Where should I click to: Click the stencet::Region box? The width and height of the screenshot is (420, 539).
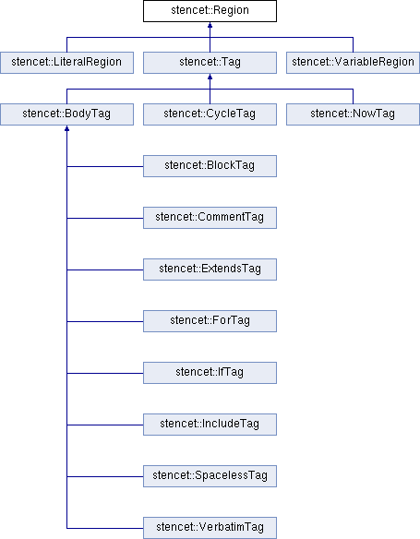210,11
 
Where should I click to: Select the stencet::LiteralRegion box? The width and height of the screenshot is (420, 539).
66,63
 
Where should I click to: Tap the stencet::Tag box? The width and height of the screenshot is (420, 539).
210,63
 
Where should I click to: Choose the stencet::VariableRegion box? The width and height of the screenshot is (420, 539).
353,63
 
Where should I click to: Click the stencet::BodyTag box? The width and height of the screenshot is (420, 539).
66,114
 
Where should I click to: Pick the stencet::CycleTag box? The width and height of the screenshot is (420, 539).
210,114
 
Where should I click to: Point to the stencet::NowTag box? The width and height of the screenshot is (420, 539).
353,114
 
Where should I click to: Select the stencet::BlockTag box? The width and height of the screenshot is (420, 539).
210,166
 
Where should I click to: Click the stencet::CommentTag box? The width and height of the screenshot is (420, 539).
210,218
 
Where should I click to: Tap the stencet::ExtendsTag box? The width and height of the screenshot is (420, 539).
210,269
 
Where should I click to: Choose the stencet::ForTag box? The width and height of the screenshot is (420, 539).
210,321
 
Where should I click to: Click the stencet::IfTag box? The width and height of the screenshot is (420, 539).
210,373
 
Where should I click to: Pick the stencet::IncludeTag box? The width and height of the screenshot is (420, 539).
210,425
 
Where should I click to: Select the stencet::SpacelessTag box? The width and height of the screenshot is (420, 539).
210,476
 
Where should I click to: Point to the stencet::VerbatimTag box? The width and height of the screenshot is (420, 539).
210,528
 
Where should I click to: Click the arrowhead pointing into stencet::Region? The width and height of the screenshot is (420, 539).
210,25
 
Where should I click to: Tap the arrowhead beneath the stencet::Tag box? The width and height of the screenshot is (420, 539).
210,77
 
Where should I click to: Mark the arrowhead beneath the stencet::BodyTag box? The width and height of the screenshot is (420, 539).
66,128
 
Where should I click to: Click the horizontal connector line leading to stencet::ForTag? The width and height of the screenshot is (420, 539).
105,322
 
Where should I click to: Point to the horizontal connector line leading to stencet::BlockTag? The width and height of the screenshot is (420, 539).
105,167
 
